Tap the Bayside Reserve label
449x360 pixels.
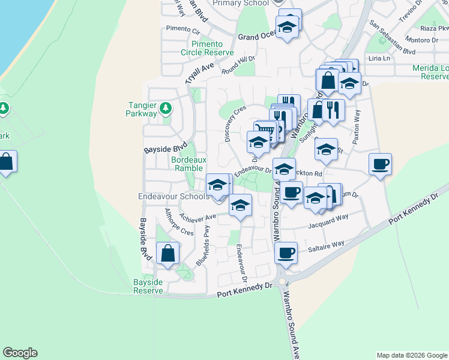[148, 286]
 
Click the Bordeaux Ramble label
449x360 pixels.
[188, 164]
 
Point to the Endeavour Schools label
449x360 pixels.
[173, 196]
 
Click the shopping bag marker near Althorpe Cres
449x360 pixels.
[167, 253]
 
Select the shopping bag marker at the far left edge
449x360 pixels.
[6, 162]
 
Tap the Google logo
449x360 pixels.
[20, 353]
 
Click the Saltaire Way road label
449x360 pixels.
[326, 244]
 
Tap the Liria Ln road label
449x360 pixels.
[379, 58]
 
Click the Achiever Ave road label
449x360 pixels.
[199, 218]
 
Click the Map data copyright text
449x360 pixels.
[412, 355]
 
